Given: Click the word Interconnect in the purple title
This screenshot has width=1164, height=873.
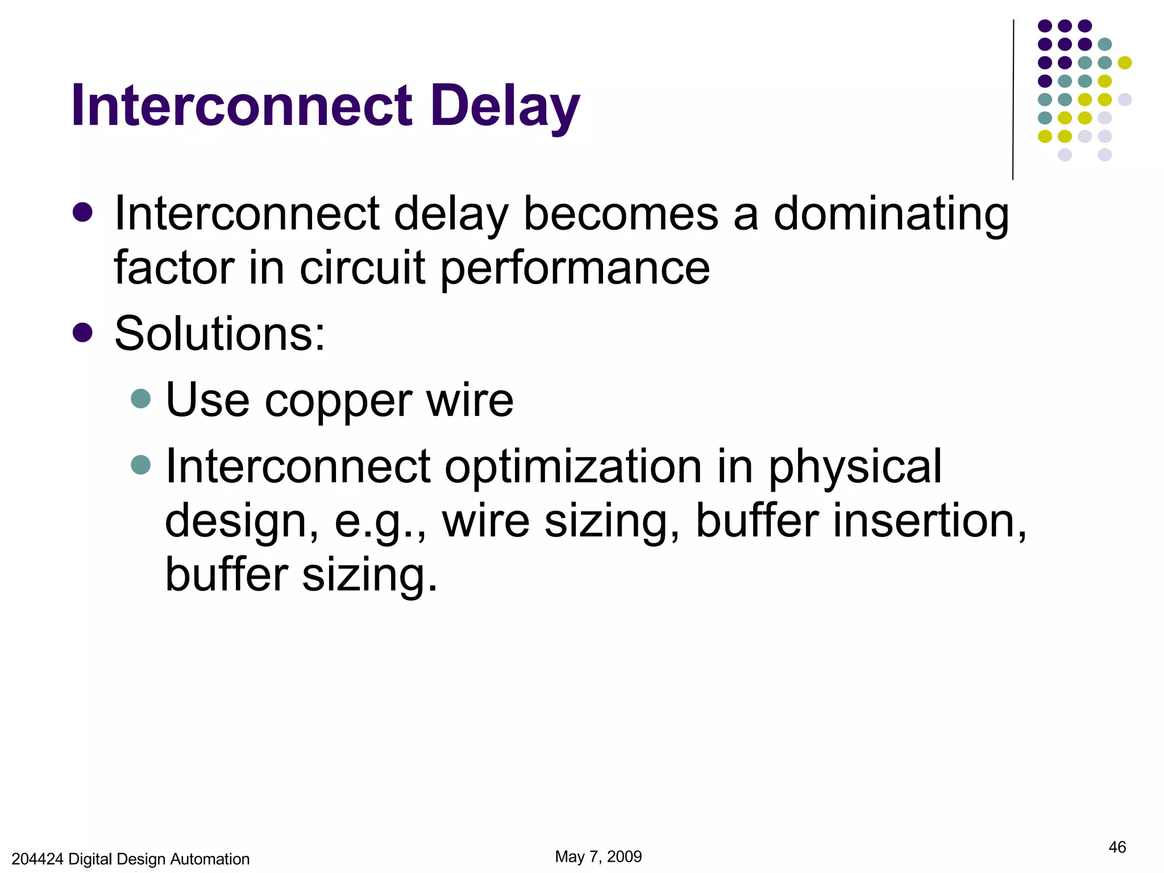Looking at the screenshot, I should pos(242,106).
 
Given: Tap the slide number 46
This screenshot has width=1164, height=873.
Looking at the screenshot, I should pos(1117,847).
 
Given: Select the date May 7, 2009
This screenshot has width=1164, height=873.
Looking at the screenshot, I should pos(598,857).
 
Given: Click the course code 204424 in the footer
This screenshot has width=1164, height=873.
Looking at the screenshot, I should pos(38,859).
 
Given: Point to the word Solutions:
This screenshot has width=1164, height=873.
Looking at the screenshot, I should pos(220,334).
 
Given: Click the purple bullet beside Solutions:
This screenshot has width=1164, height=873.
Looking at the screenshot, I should pos(83,332).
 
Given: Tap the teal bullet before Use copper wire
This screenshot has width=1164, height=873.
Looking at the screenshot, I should pos(140,398).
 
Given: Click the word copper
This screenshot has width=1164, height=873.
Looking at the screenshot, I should pos(338,401).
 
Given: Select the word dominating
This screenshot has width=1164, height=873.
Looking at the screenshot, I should pos(891,215).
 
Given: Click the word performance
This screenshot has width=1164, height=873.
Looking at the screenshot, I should pos(575,268).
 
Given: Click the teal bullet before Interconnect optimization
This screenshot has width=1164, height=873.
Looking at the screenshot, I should pos(140,465).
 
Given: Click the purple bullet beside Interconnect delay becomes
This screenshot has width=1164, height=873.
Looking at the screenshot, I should pos(83,213).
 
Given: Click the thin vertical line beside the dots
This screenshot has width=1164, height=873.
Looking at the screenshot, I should pos(1013,99).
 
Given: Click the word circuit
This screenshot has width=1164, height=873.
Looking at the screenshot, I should pos(362,268).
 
